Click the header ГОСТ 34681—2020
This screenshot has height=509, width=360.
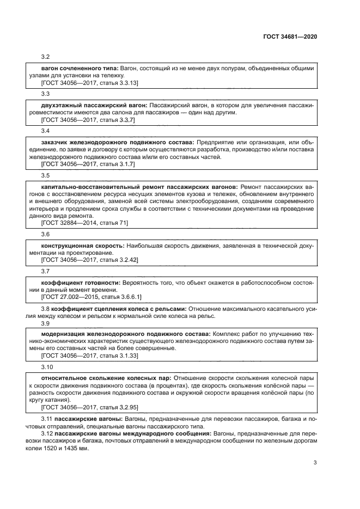point(290,36)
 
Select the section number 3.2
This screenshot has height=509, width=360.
point(46,57)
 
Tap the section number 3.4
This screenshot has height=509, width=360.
point(46,131)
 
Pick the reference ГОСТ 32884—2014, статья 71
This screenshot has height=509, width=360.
point(84,223)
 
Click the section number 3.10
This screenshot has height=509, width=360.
point(47,367)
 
